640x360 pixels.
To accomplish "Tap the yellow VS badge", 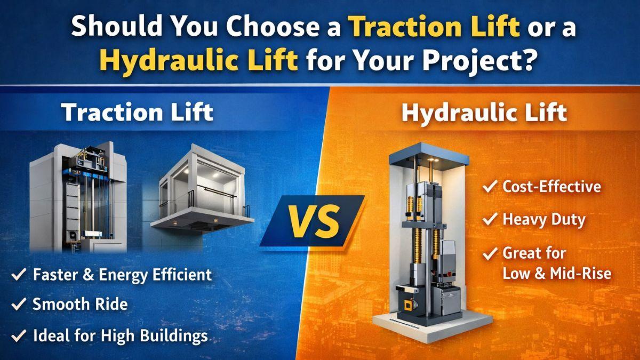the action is tap(314, 221).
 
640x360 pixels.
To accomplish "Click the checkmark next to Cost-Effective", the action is tap(490, 186).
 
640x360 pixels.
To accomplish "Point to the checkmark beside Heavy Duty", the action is tap(490, 219).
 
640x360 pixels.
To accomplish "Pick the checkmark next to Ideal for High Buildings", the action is tap(19, 335).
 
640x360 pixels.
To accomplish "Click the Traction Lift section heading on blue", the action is tap(137, 112).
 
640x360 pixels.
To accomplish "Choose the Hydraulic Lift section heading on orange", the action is tap(484, 113).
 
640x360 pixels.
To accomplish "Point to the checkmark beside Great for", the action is tap(490, 253).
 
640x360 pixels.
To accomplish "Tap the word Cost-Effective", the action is tap(551, 187).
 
